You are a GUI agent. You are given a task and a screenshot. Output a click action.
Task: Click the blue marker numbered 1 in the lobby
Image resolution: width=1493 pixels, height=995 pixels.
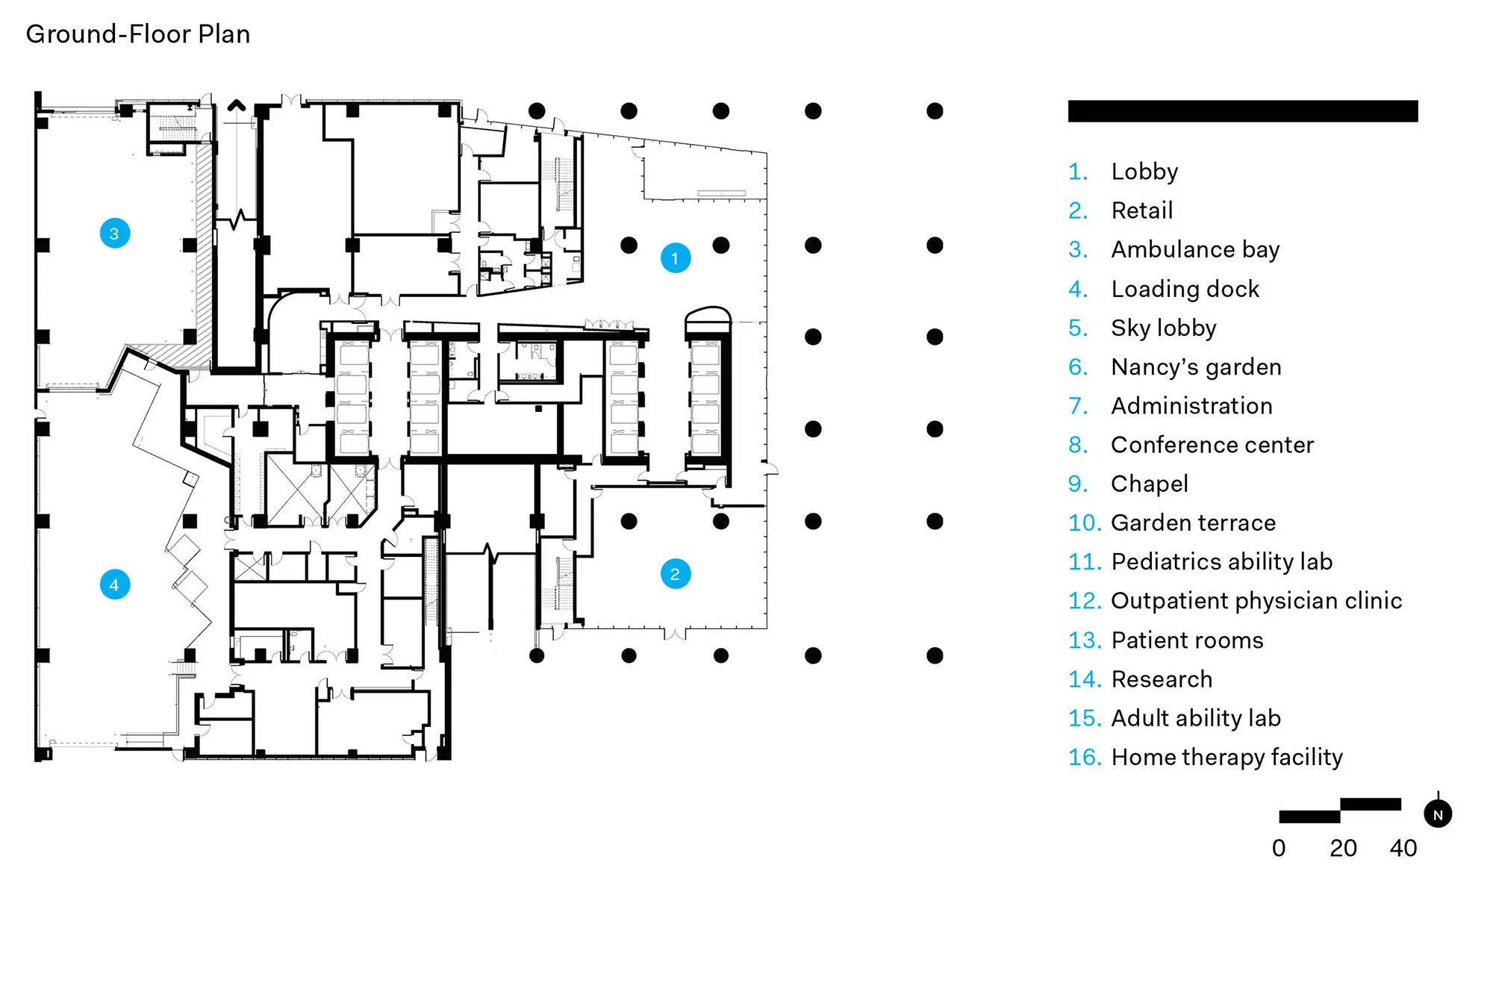click(x=675, y=258)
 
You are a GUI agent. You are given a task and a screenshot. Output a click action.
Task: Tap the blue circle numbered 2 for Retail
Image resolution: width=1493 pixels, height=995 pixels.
click(x=675, y=574)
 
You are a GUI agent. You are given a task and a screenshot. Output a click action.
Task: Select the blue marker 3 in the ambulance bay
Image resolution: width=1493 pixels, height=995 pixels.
click(x=115, y=234)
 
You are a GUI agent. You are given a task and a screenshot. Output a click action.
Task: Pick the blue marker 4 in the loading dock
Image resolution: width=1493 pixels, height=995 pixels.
click(x=115, y=584)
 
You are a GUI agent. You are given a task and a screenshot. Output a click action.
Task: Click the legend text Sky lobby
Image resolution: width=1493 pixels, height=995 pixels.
click(x=1163, y=328)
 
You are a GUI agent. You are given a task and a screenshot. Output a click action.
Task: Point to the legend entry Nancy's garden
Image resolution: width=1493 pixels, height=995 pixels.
click(x=1195, y=367)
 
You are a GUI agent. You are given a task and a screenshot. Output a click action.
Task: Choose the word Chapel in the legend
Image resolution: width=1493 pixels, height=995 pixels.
click(x=1149, y=484)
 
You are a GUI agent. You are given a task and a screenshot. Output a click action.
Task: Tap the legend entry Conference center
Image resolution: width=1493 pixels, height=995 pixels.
click(x=1212, y=445)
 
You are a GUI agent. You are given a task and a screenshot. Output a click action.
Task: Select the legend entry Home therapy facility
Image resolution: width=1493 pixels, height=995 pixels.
click(x=1226, y=757)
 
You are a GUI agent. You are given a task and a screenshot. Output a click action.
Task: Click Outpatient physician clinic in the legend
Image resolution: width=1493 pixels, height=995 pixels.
click(x=1256, y=601)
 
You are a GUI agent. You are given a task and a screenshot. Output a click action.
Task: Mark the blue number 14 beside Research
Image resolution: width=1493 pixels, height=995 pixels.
click(x=1084, y=679)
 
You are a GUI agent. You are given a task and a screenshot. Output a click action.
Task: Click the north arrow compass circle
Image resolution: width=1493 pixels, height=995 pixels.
click(x=1437, y=814)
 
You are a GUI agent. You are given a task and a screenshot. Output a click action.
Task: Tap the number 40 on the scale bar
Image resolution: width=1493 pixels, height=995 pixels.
click(x=1403, y=848)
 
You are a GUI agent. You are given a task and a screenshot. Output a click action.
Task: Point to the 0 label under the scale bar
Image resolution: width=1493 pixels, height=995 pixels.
click(x=1279, y=848)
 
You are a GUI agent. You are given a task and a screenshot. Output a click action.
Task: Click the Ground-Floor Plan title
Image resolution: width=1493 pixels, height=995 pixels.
click(x=138, y=34)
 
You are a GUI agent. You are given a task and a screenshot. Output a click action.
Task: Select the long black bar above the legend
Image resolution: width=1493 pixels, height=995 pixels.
click(x=1242, y=111)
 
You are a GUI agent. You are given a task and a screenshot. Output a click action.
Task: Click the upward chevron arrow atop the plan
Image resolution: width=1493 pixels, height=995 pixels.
click(x=237, y=105)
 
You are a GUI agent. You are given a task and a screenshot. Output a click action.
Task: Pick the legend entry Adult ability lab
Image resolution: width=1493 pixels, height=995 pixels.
click(x=1195, y=718)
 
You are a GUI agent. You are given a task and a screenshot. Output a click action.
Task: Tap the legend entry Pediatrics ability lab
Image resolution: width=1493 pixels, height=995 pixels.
click(x=1221, y=561)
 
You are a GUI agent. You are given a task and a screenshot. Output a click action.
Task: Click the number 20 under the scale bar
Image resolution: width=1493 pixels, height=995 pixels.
click(x=1342, y=848)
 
